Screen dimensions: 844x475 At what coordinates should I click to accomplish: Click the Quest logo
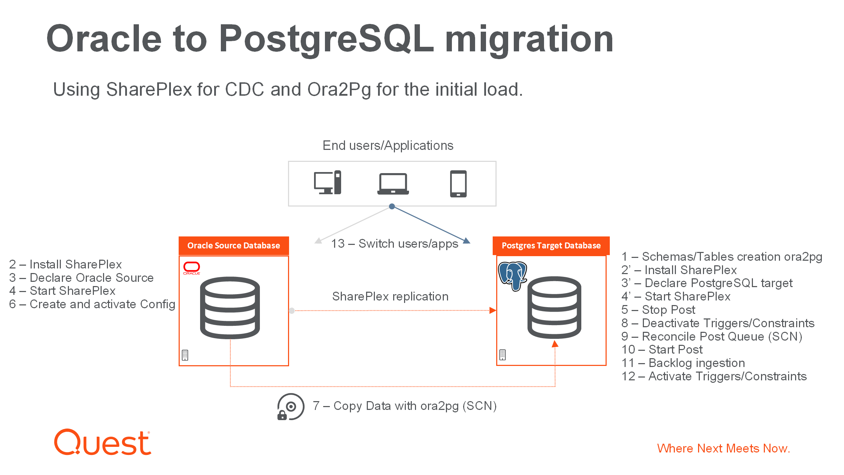(x=102, y=442)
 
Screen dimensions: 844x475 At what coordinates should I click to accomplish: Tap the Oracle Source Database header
(x=234, y=246)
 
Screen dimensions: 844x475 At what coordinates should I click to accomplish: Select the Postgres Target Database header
(x=551, y=246)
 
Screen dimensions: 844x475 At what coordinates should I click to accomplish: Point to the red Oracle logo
(x=192, y=268)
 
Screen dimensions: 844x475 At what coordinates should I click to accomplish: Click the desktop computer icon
(x=327, y=182)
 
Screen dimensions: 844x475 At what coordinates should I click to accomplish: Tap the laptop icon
(x=393, y=184)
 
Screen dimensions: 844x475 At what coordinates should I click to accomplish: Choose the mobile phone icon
(x=459, y=184)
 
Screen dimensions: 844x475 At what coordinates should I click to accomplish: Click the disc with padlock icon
(x=290, y=407)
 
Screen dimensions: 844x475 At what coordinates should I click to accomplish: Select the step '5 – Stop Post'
(x=658, y=310)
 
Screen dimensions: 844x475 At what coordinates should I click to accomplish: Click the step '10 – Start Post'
(x=662, y=349)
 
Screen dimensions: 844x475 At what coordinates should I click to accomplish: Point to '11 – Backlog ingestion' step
(x=683, y=363)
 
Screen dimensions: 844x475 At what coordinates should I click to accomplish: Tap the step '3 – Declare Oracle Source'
(x=81, y=278)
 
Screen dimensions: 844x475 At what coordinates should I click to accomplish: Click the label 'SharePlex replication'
(x=390, y=296)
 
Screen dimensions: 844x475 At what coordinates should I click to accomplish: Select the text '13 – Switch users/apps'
(x=395, y=243)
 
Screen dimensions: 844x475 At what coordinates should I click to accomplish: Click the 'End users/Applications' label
(x=388, y=145)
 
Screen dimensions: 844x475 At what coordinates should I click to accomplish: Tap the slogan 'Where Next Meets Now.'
(x=724, y=448)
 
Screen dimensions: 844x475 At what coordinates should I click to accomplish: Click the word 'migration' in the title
(x=529, y=39)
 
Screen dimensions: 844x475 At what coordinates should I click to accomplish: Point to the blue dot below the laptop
(x=392, y=207)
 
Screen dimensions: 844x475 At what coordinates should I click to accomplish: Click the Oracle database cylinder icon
(x=230, y=308)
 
